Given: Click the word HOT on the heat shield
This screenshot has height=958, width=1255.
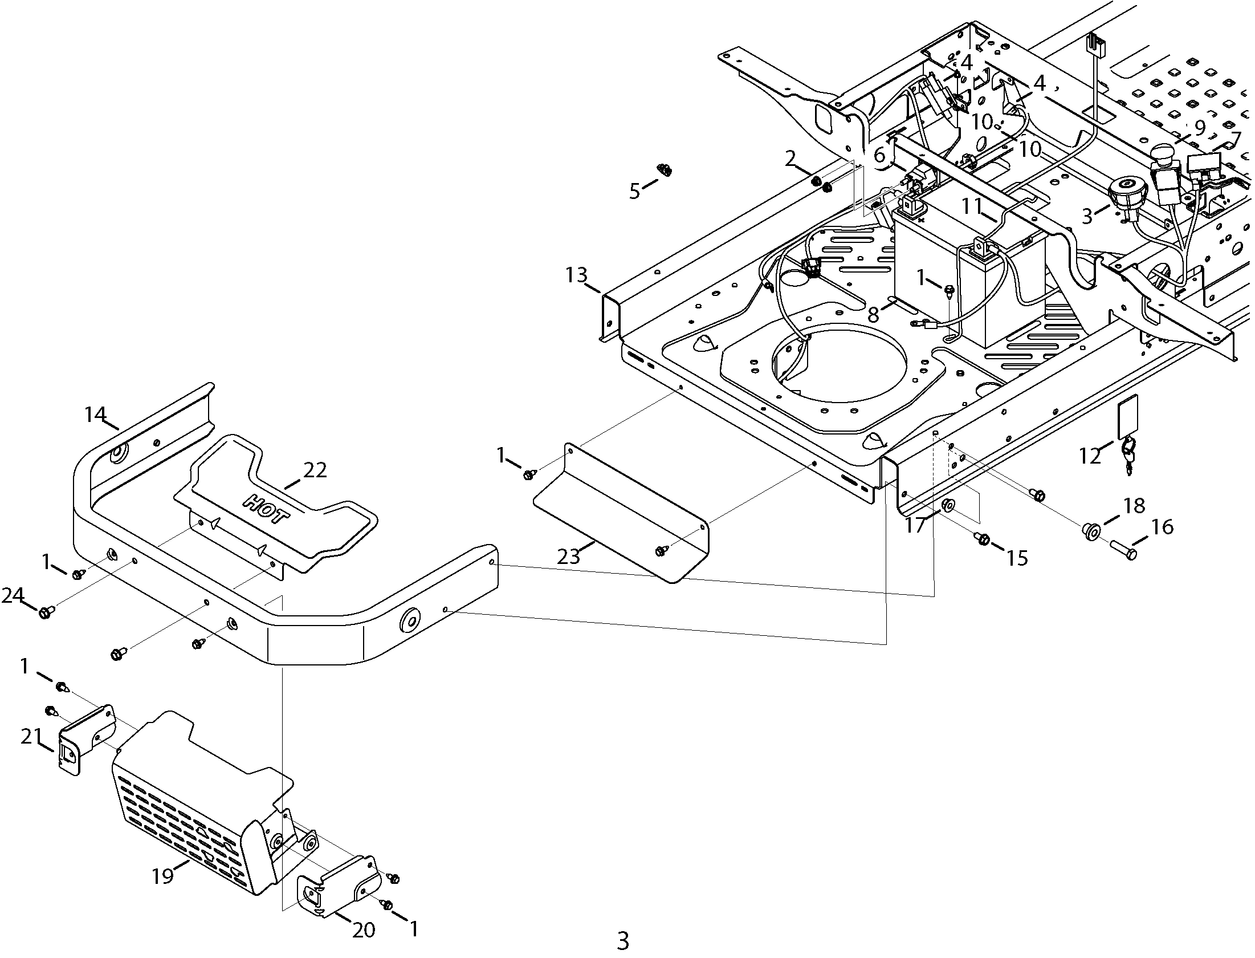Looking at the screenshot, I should [x=266, y=509].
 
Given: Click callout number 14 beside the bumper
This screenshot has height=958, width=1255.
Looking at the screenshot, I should [x=96, y=414].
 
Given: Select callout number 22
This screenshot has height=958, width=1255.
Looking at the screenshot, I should [x=315, y=470].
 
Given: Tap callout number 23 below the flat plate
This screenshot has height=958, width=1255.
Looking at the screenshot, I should [x=568, y=556].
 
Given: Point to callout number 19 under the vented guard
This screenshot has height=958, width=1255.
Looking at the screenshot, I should [x=162, y=875].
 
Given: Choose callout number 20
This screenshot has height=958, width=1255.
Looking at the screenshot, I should [x=364, y=930].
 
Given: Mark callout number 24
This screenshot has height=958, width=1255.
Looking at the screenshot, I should [x=13, y=596].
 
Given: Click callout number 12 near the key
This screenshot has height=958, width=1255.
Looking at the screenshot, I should [x=1090, y=456].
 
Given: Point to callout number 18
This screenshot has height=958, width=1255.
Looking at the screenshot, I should [x=1133, y=505].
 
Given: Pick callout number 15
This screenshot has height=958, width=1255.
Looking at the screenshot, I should [x=1017, y=558].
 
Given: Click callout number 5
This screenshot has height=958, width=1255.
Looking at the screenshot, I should [x=635, y=191].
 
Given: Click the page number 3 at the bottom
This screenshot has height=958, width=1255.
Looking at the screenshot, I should [x=623, y=940].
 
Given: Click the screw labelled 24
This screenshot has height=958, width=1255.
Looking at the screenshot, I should [x=46, y=612].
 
